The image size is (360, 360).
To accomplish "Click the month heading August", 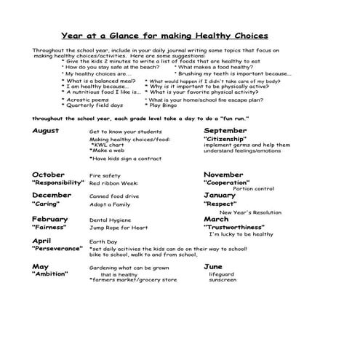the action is coord(46,130).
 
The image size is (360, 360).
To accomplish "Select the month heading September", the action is coord(225,130).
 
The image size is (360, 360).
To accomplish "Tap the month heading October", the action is coord(49,175).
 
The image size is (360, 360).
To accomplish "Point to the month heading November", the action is coord(223,175).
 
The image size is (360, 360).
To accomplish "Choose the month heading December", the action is coord(52,196).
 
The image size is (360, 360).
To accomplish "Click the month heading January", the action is coord(220,196).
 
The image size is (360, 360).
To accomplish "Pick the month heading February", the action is coord(50,219).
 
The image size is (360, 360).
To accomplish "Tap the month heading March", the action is coord(216,219).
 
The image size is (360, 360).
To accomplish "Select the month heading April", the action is coord(41,241).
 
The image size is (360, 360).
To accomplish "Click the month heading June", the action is coord(213,267).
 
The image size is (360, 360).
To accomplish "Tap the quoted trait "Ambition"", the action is coord(49,274).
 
